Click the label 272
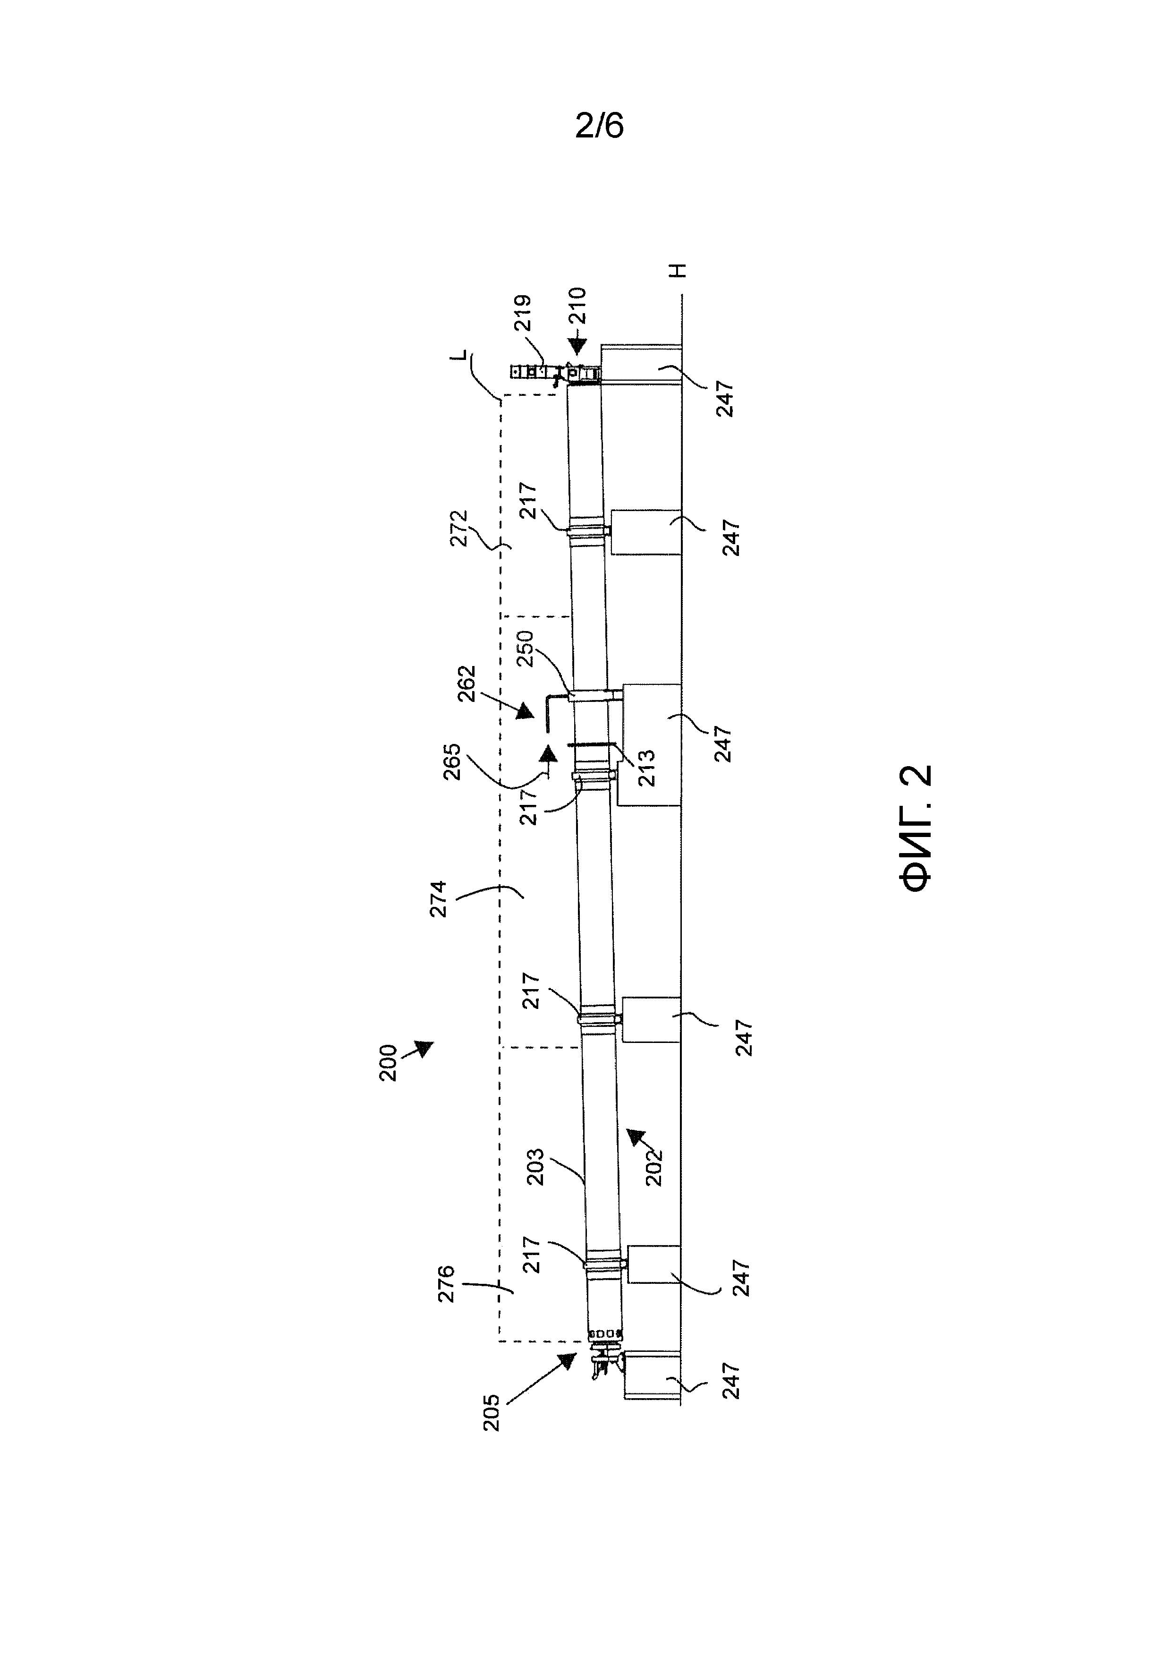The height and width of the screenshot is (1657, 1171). pos(459,528)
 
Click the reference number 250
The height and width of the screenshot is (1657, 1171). pos(525,648)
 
